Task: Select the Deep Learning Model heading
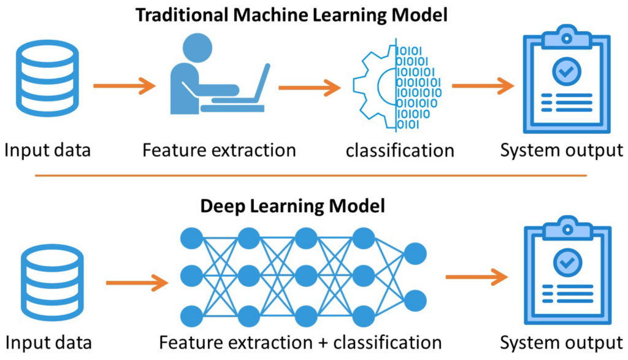point(293,205)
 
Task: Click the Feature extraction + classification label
point(300,342)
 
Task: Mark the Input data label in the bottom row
point(48,342)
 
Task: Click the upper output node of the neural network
point(415,253)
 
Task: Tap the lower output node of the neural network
point(415,301)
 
